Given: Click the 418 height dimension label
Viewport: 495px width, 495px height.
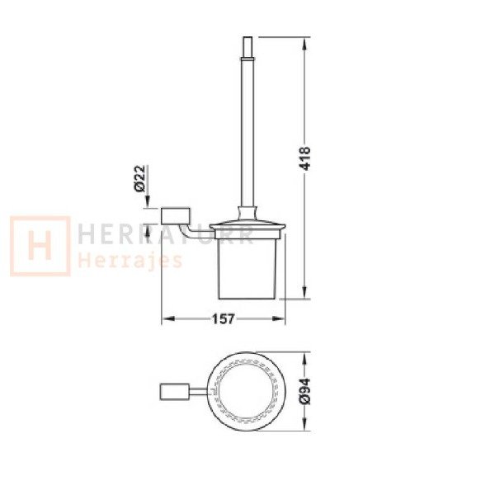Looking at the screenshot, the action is [x=306, y=158].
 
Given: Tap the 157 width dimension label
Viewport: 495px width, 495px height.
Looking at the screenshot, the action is [x=224, y=318].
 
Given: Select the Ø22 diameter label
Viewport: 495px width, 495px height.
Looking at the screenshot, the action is [x=139, y=178].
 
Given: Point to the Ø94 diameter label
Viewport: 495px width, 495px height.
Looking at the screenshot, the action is [x=306, y=391].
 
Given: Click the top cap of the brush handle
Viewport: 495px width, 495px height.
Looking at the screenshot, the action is [x=247, y=47].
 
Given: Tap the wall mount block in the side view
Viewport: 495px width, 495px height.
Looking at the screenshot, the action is [x=176, y=216].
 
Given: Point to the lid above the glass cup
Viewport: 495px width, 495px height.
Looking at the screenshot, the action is [x=247, y=229].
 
